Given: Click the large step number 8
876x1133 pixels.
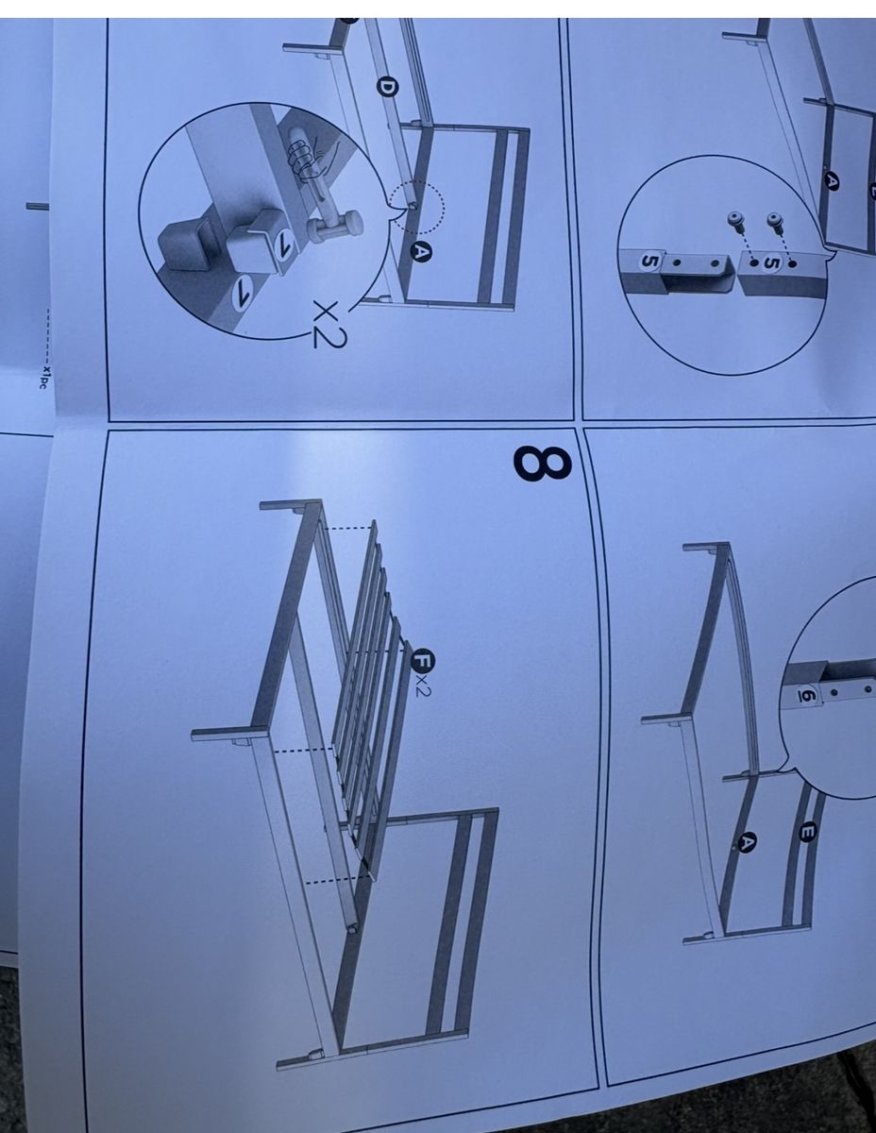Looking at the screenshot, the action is tap(543, 464).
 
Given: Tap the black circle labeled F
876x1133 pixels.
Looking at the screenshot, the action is tap(422, 660).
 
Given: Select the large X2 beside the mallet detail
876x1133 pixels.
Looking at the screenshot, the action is tap(328, 324).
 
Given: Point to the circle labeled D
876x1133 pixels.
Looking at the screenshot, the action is tap(388, 87).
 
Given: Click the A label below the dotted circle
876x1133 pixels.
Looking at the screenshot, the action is tap(421, 253).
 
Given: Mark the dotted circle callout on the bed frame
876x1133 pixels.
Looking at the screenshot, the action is tap(417, 207).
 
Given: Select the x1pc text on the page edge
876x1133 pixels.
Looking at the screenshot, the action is tap(46, 378).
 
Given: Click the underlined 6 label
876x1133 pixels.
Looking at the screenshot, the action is tap(805, 695).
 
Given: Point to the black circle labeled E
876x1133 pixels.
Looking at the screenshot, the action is tap(808, 832).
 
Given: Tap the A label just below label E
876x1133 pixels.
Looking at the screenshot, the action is tap(747, 842).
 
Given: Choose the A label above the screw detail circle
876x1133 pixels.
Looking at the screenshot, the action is tap(833, 181).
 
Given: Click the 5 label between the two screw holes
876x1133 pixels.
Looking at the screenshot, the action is tap(772, 262).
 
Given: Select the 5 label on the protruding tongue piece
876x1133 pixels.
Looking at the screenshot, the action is tap(649, 261).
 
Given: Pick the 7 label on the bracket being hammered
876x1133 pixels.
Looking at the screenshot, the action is tap(283, 245).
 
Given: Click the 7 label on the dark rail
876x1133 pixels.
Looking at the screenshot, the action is tap(243, 293).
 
